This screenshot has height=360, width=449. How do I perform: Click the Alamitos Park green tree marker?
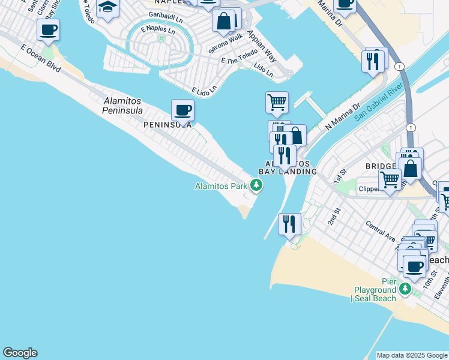coord(256,186)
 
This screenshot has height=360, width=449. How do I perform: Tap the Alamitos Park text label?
coord(221,186)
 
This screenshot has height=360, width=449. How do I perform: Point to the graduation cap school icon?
coord(107,8)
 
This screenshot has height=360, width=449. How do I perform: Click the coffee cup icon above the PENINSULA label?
coord(182,110)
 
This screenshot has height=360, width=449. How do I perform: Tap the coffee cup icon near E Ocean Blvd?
coord(48,29)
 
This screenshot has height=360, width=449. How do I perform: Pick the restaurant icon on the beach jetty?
coord(290,224)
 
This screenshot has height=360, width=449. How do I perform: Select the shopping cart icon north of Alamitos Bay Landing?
coord(277,102)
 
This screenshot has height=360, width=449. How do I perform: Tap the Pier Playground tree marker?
coord(405,290)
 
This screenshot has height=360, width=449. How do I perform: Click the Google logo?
coord(20,353)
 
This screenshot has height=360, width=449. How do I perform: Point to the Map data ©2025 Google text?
coord(411,355)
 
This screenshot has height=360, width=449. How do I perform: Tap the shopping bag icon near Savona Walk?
coord(223,22)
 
